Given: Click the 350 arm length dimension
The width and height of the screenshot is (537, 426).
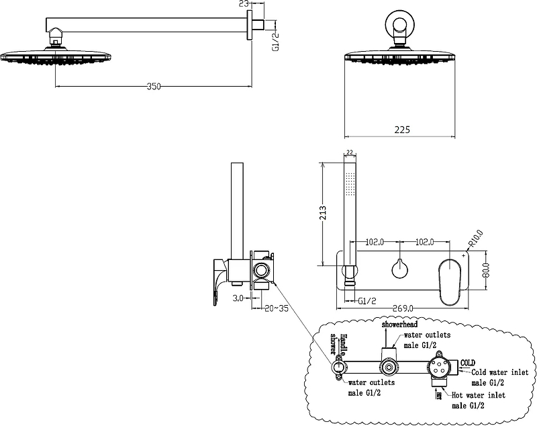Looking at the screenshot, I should tap(154, 86).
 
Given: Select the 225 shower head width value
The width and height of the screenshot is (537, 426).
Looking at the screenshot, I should tap(401, 128).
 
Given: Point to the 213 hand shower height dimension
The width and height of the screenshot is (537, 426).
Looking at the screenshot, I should tap(323, 213).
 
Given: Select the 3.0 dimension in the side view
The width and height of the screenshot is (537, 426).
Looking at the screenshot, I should tap(238, 296).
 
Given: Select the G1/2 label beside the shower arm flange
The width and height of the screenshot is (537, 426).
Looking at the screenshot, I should tap(275, 42).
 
